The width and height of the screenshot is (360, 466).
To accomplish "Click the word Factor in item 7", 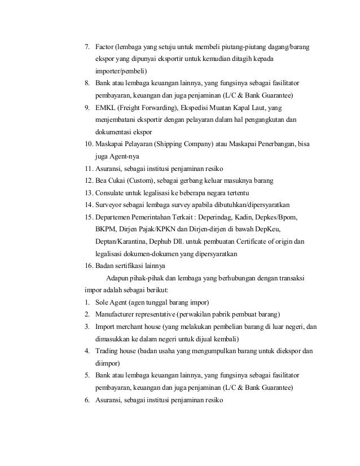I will [105, 46].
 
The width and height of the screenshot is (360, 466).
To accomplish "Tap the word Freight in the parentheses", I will [134, 107].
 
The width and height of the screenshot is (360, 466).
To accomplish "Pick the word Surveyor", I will [110, 205].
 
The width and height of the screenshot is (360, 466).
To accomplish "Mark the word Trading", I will [107, 352].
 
